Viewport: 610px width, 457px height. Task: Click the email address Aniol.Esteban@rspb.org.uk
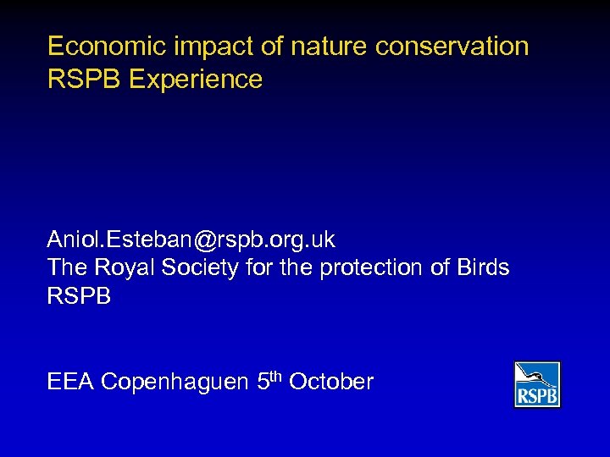(191, 240)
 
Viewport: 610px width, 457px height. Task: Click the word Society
(201, 267)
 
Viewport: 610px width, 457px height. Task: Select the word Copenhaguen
(175, 382)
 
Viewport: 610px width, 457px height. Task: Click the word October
(331, 382)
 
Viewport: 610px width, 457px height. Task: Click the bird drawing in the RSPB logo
(537, 376)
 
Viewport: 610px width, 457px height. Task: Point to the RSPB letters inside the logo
(537, 396)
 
